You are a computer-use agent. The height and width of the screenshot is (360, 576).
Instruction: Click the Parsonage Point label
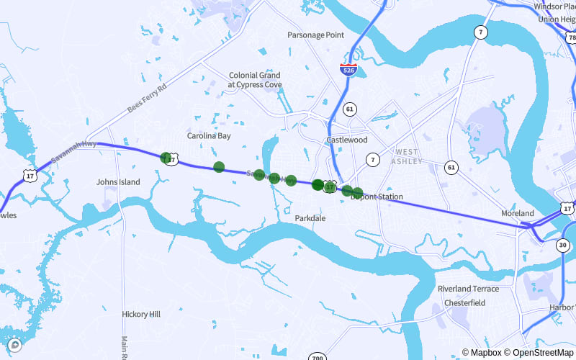coord(315,35)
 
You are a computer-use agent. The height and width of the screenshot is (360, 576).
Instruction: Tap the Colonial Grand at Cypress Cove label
coord(255,79)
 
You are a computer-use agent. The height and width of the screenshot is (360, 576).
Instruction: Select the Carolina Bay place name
coord(209,135)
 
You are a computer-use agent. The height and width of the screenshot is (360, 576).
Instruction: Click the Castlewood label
coord(347,140)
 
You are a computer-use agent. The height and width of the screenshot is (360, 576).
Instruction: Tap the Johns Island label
coord(118,182)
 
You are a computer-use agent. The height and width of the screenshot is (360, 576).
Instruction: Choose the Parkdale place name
coord(310,217)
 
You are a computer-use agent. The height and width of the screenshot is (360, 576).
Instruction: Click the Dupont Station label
coord(377,197)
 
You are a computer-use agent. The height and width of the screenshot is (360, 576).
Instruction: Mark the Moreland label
coord(518,214)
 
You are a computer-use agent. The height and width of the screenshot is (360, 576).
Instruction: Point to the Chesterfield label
coord(464,303)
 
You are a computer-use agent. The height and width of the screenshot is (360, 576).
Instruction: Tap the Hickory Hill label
coord(141,315)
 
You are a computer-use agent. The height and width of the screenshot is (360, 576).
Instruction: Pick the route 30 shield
coord(562,245)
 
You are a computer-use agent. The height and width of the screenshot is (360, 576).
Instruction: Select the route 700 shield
coord(317,358)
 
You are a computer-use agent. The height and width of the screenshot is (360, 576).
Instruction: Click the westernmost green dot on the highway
coord(166,157)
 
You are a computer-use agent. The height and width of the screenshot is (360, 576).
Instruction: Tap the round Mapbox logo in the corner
coord(14,345)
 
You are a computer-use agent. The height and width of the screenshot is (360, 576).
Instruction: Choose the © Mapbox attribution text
coord(482,353)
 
